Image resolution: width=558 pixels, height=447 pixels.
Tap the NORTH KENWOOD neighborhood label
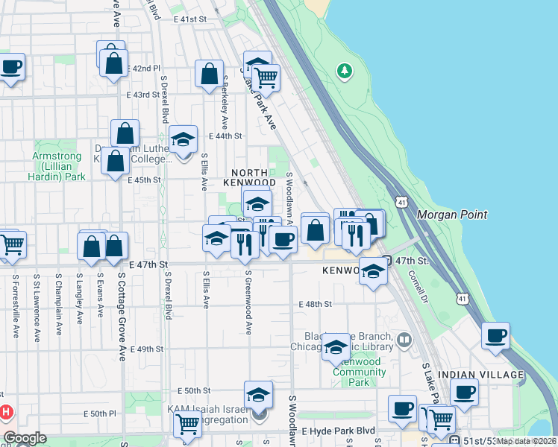250,177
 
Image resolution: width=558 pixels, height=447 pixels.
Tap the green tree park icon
344,72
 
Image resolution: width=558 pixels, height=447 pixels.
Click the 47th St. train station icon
386,261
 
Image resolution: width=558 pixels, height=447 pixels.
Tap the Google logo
25,438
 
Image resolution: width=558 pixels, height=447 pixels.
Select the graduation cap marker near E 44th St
183,139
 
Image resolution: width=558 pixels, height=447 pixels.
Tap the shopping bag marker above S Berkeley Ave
209,73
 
